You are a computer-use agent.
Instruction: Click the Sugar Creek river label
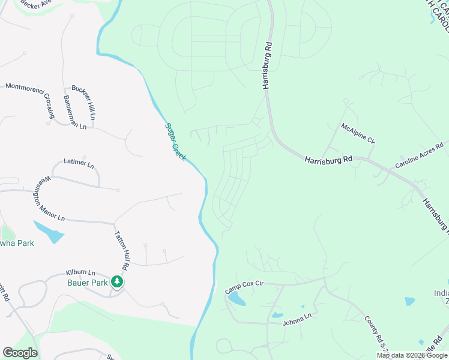[x=175, y=141]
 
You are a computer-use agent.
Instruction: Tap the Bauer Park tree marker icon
[x=118, y=282]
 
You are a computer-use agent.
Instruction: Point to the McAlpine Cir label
[x=358, y=133]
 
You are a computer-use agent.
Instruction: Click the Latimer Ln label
[x=79, y=163]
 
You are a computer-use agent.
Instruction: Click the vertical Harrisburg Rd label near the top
[x=267, y=65]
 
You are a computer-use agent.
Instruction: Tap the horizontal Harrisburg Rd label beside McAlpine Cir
[x=328, y=160]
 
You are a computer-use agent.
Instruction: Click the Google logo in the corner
[x=20, y=353]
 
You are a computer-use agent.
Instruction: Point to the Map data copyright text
[x=412, y=355]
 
